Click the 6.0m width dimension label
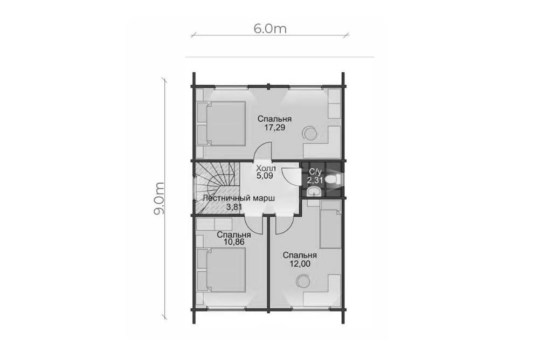(x=270, y=29)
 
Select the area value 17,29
(x=275, y=128)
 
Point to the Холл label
(x=266, y=169)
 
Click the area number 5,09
(x=265, y=176)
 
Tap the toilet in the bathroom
(x=333, y=179)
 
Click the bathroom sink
(x=314, y=191)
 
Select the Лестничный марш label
(x=239, y=199)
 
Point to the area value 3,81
(x=234, y=206)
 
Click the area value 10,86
(x=234, y=242)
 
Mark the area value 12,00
(x=300, y=264)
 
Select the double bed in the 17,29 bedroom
(x=222, y=123)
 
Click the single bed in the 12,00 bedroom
(x=330, y=225)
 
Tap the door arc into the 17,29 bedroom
(x=261, y=152)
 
